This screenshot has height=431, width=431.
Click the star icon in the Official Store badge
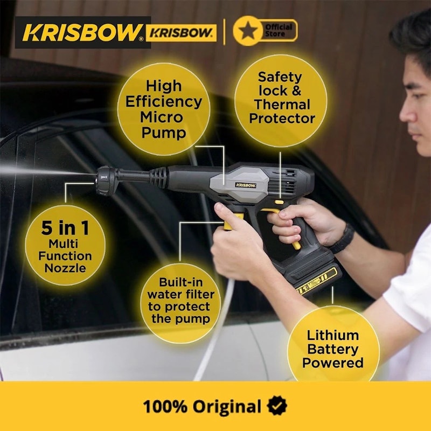[248, 31]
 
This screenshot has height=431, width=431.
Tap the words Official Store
[278, 31]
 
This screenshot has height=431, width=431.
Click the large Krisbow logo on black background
[83, 32]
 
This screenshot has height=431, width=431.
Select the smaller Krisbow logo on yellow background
[181, 33]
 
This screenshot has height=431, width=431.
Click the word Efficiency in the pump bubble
[164, 101]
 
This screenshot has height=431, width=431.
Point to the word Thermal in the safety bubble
[282, 105]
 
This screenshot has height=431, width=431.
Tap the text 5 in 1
[65, 228]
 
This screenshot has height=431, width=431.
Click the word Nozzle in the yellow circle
[65, 268]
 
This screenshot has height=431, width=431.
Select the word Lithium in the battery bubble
[332, 336]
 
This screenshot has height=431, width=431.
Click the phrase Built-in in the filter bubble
[181, 282]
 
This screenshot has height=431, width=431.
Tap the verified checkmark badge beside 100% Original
[277, 406]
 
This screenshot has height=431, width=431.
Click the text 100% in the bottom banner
[165, 406]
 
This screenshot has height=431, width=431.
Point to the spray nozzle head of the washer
[106, 180]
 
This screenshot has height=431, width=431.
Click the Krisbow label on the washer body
[246, 185]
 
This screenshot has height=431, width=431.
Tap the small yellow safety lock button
[279, 203]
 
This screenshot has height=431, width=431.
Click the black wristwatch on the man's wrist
[343, 239]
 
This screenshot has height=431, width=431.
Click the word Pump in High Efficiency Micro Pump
[164, 133]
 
